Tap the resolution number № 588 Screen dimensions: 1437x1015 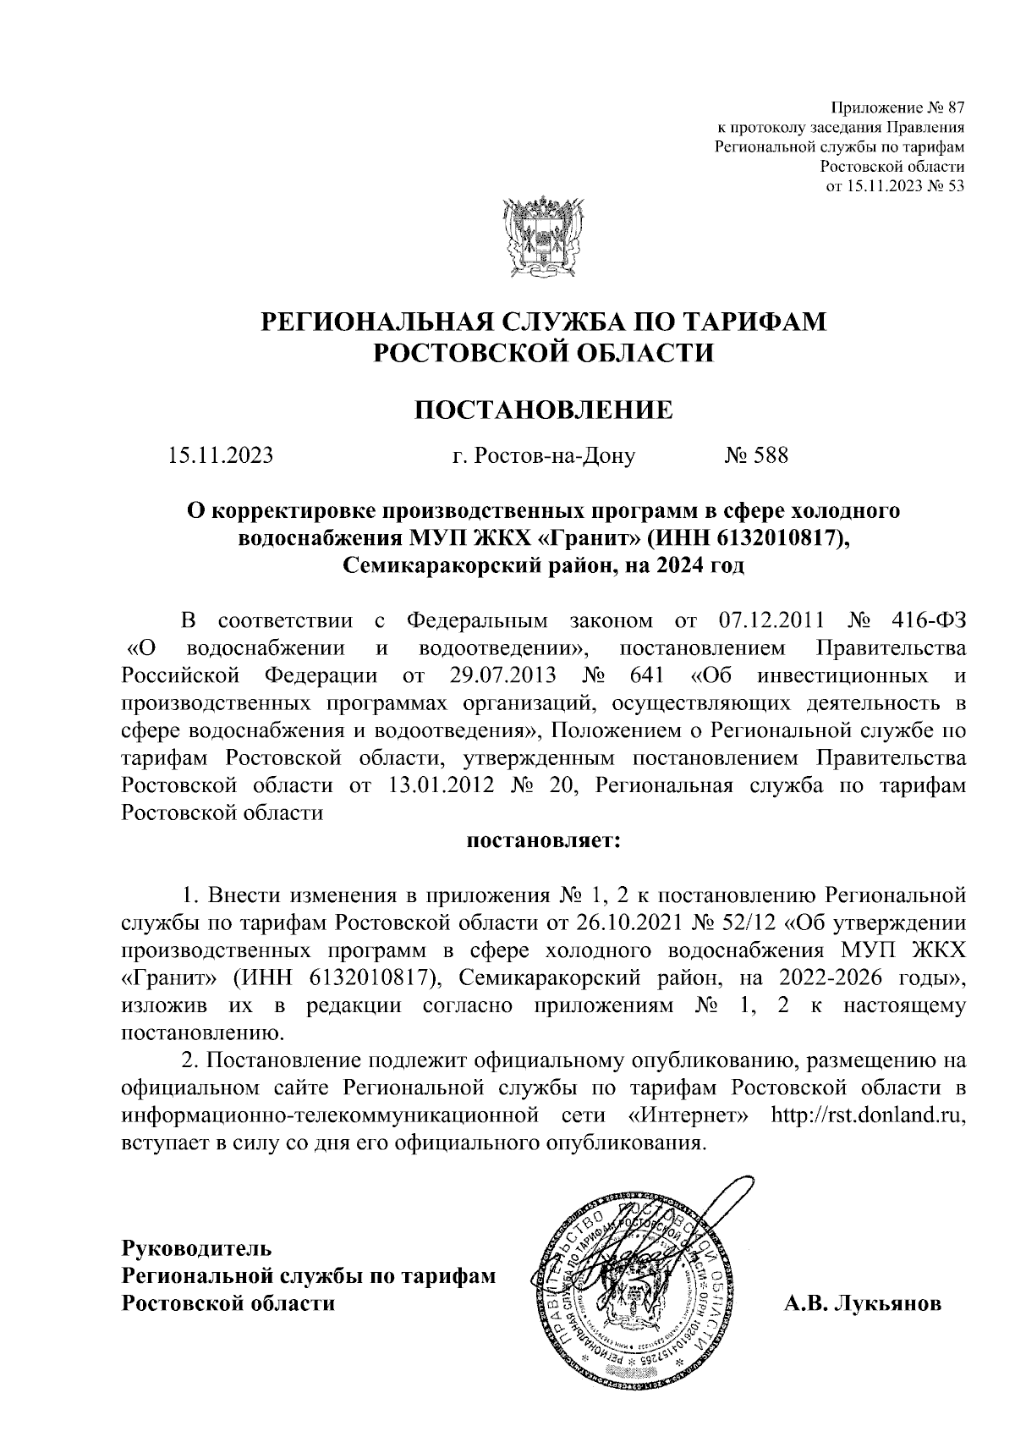point(756,456)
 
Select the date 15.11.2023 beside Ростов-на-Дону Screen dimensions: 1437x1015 point(221,456)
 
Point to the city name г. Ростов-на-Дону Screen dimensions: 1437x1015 point(543,456)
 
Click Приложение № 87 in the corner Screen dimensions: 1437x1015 point(897,108)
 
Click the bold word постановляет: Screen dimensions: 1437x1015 point(543,842)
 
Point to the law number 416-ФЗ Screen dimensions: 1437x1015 point(929,620)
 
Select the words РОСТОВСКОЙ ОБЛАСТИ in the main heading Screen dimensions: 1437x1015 point(544,350)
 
